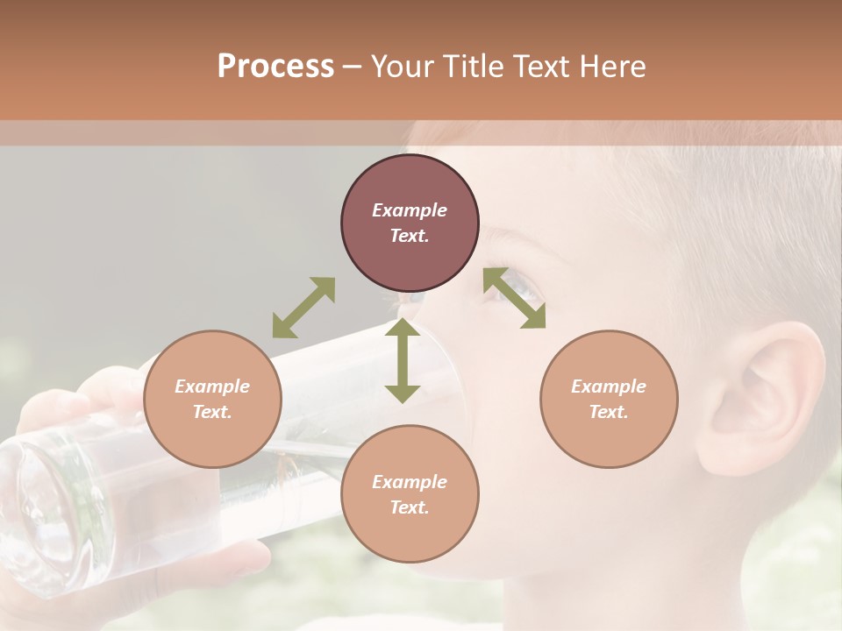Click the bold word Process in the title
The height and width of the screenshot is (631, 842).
(x=275, y=67)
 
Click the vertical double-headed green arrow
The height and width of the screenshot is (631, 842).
(x=402, y=360)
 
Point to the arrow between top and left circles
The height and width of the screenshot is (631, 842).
(x=303, y=308)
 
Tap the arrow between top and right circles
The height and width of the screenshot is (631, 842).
(x=515, y=298)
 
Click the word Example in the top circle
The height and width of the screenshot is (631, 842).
(x=410, y=210)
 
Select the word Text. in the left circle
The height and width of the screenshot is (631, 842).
(x=212, y=412)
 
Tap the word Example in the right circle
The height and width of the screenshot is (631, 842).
(x=609, y=386)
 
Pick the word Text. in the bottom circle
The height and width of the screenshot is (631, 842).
(x=410, y=507)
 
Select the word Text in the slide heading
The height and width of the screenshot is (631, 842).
(x=539, y=67)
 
